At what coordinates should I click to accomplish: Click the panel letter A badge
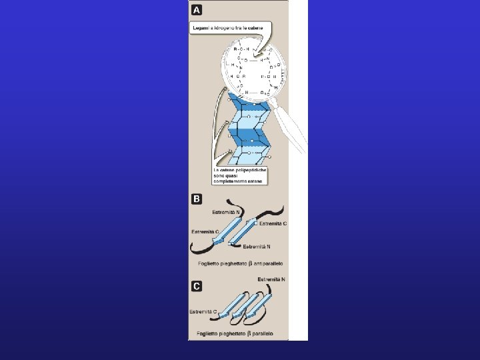tap(197, 10)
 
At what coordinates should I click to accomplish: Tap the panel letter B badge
tap(197, 199)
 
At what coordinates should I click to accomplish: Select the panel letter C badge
tap(197, 286)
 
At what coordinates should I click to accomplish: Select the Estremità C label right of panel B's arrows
tap(273, 223)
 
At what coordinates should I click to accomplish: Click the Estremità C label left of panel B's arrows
tap(205, 232)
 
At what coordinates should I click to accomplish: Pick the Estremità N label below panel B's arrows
tap(257, 247)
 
